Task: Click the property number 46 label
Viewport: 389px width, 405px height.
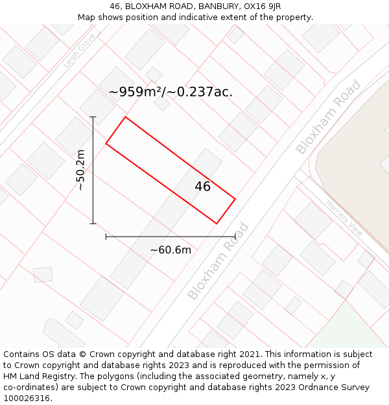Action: click(x=202, y=187)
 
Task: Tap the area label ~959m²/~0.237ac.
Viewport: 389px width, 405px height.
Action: click(x=171, y=92)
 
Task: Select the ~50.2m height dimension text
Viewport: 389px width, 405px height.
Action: click(x=80, y=170)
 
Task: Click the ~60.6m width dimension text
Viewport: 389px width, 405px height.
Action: click(x=171, y=250)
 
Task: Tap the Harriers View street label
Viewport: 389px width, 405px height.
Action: click(x=344, y=216)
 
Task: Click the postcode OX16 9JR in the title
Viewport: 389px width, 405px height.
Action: click(x=259, y=6)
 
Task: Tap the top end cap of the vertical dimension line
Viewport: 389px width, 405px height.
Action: click(x=93, y=117)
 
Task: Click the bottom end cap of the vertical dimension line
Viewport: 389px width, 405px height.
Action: click(x=93, y=224)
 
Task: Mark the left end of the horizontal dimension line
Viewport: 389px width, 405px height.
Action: click(x=106, y=237)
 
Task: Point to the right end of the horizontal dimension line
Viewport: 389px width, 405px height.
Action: click(x=235, y=237)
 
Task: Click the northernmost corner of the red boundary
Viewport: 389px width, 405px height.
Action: click(x=125, y=117)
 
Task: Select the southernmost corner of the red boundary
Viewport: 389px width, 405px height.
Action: click(x=217, y=224)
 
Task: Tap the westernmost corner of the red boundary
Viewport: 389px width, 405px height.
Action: click(x=106, y=143)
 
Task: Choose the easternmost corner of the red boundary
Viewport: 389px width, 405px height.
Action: click(x=235, y=198)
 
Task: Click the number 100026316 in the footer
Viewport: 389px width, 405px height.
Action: click(x=25, y=398)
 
